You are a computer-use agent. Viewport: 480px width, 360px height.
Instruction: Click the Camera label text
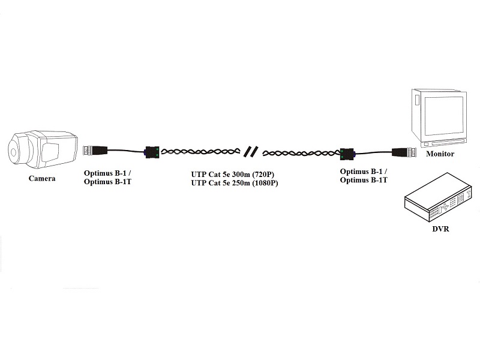point(42,178)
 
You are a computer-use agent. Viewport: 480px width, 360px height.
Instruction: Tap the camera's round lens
point(13,152)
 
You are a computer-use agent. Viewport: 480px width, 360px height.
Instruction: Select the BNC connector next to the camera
point(95,151)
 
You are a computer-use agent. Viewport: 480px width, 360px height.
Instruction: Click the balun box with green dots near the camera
point(152,152)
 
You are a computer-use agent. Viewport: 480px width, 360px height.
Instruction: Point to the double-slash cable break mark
point(251,152)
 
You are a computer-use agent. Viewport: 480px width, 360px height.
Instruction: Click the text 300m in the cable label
point(239,175)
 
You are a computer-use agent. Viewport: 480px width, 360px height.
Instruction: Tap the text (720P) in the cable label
point(263,175)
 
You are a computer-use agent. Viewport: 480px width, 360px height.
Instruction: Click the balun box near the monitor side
point(347,154)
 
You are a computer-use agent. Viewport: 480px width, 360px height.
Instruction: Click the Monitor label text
point(440,154)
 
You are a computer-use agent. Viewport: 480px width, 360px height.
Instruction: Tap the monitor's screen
point(442,115)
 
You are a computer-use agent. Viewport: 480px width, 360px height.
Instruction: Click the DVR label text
point(440,229)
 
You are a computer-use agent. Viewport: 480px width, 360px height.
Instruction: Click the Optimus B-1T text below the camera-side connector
point(107,182)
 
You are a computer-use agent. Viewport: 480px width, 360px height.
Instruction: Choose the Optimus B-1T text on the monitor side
point(364,180)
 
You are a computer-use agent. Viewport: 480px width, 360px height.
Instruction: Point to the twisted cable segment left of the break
point(201,152)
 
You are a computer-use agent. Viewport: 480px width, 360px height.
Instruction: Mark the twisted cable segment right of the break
point(302,153)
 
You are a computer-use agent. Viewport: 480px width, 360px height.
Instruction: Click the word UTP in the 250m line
point(199,183)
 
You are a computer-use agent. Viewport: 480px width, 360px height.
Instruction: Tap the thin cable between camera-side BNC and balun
point(126,151)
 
